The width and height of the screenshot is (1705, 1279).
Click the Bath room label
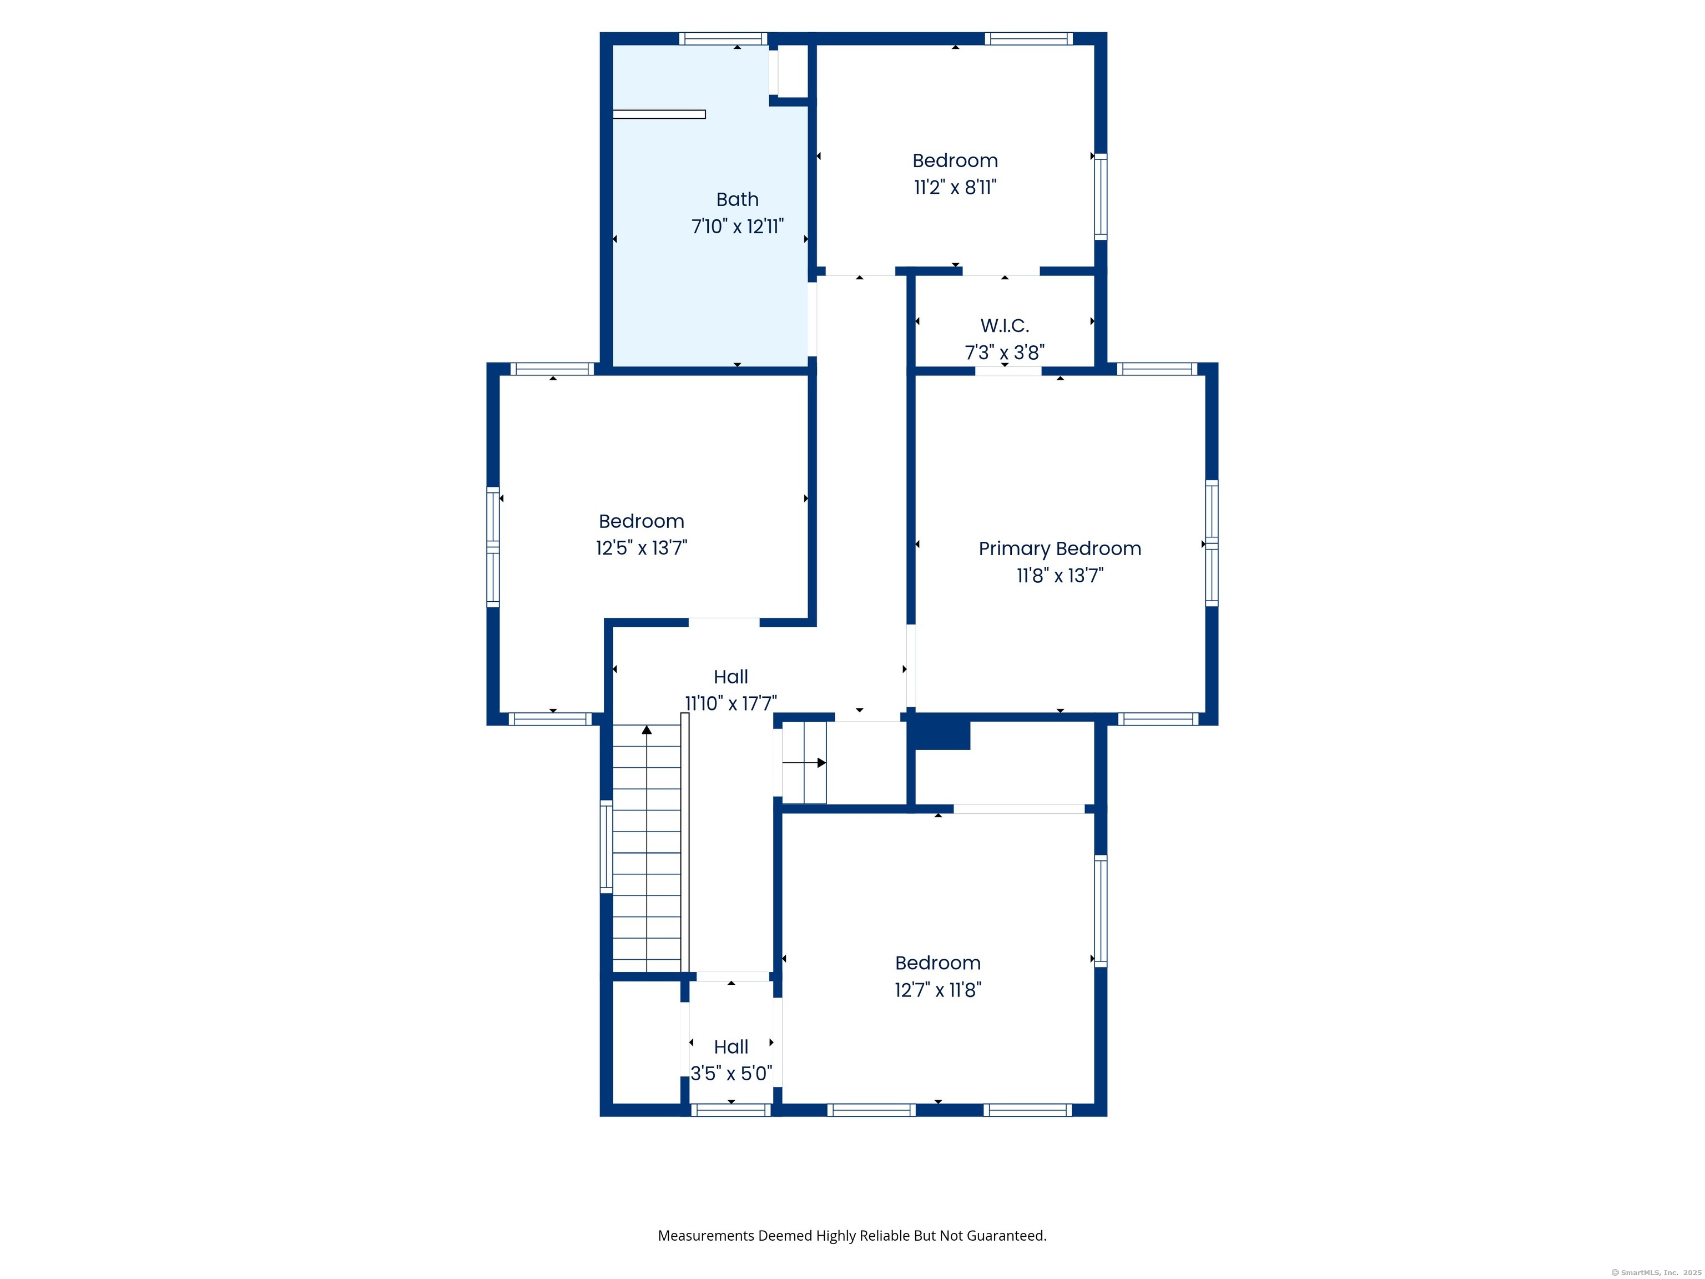[737, 200]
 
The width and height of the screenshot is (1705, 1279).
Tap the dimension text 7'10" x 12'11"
[737, 226]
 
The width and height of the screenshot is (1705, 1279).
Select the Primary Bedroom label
[1060, 549]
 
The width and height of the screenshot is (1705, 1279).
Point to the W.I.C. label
[1005, 325]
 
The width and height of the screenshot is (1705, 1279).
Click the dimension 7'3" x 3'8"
[1005, 353]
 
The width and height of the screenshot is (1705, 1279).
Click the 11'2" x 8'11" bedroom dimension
[955, 187]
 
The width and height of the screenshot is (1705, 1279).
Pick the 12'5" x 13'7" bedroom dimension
[641, 547]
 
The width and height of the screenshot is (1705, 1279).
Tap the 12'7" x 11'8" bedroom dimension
[937, 990]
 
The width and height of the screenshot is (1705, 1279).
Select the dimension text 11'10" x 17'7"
[731, 703]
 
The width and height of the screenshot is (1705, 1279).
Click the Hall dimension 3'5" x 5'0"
[731, 1073]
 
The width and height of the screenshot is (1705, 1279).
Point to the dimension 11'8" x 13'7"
[1060, 575]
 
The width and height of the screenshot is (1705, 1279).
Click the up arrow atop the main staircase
[647, 729]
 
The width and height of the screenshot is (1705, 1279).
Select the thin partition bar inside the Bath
[659, 115]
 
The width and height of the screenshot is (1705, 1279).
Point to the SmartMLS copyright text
[1656, 1273]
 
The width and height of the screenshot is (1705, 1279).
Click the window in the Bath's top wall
[723, 38]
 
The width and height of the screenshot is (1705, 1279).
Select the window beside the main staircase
[606, 847]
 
